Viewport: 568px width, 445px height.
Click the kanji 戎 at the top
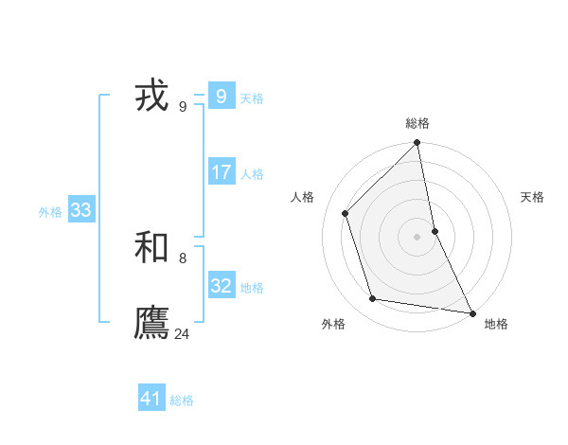click(152, 97)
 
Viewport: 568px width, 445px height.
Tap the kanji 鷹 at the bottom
click(152, 323)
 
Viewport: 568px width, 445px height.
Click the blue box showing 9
click(221, 97)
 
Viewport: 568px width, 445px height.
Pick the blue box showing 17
click(221, 172)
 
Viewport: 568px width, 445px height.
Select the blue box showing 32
click(221, 286)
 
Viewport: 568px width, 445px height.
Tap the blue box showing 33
click(80, 210)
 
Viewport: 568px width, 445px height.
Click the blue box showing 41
click(151, 399)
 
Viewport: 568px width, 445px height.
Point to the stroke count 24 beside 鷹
click(183, 333)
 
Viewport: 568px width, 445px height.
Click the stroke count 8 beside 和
click(183, 258)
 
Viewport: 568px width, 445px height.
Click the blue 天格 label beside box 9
click(252, 98)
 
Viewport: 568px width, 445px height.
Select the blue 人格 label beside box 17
click(252, 174)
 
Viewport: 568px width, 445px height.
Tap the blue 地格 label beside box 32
click(252, 288)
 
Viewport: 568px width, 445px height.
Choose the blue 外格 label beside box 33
click(50, 212)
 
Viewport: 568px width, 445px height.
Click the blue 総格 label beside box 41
click(182, 400)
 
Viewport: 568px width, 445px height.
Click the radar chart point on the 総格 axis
click(417, 144)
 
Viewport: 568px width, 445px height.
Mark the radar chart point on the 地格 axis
click(471, 312)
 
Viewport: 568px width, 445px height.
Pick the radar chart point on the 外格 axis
click(373, 299)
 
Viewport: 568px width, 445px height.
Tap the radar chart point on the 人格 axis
click(346, 213)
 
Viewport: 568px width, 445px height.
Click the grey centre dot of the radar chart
click(417, 237)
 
